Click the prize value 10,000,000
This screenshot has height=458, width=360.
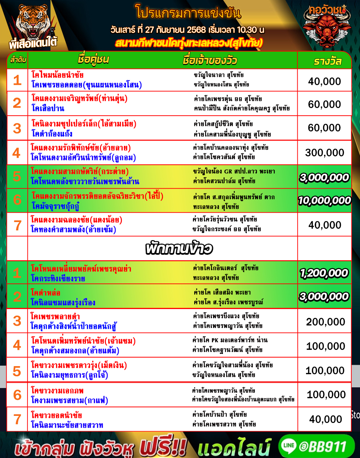point(324,200)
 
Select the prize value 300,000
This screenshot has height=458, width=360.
point(324,152)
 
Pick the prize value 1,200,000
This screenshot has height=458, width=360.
point(324,273)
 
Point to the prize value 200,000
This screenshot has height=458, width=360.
point(326,322)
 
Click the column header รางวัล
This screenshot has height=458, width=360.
point(327,62)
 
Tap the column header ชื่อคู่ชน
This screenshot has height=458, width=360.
point(93,60)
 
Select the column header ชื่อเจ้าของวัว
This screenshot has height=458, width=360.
point(210,61)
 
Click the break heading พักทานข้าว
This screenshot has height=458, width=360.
point(179,248)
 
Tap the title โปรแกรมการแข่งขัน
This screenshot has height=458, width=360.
point(188,13)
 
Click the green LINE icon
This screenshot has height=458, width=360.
point(289,446)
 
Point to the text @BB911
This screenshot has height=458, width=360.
point(322,446)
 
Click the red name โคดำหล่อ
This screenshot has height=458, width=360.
point(45,292)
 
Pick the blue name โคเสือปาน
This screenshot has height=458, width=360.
point(48,108)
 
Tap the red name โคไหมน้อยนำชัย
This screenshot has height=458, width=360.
point(57,75)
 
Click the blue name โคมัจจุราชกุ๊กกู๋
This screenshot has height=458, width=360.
point(55,206)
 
